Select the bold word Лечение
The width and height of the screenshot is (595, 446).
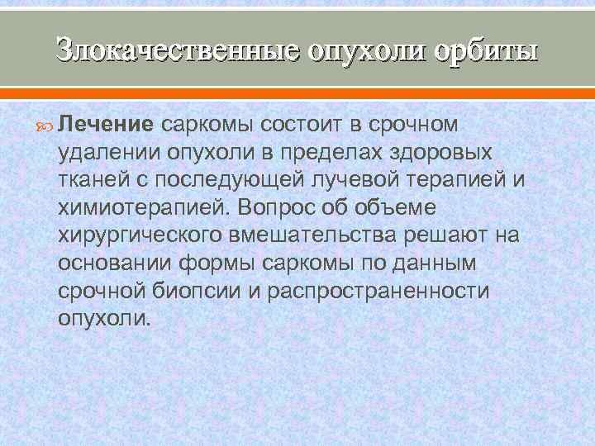coord(107,125)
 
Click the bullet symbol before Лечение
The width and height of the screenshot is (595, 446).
coord(46,126)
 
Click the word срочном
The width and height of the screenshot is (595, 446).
coord(410,125)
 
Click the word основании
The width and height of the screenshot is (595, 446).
coord(111,263)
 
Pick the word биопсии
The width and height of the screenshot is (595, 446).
coord(202,291)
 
